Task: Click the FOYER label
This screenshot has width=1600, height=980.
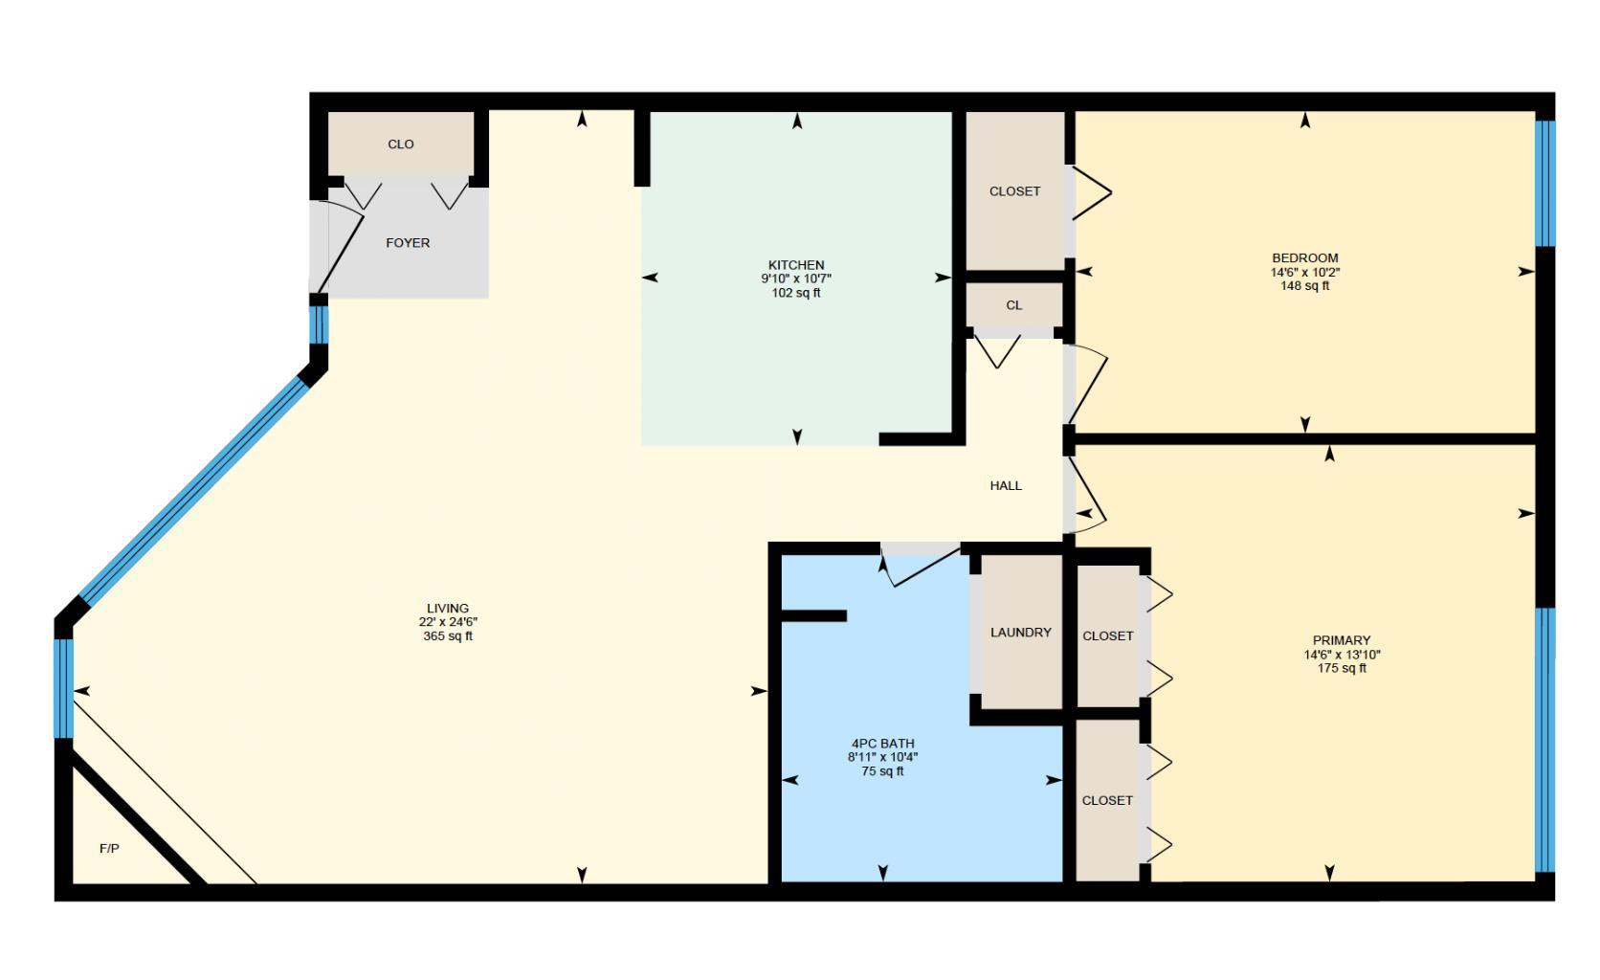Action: click(x=408, y=243)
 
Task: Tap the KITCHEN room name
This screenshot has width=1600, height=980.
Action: click(x=796, y=265)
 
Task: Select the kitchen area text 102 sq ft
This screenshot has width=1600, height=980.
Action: click(x=796, y=293)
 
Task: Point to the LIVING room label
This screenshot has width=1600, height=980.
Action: click(x=448, y=608)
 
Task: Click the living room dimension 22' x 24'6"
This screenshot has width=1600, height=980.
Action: click(x=448, y=622)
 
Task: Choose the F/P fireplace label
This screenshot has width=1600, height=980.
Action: click(x=109, y=849)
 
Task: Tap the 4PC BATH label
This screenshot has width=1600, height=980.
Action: click(x=882, y=744)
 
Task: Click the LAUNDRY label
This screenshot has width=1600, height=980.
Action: click(x=1020, y=633)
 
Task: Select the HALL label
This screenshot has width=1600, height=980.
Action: click(x=1006, y=485)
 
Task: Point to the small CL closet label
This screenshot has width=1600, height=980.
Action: click(x=1014, y=305)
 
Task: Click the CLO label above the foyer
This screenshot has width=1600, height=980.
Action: click(x=401, y=145)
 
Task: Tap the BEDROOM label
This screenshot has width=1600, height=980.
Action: click(x=1305, y=257)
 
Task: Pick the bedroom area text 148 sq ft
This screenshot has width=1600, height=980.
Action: click(x=1305, y=285)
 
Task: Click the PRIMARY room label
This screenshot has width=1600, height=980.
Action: click(x=1342, y=640)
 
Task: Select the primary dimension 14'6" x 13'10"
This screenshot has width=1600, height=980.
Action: click(x=1342, y=655)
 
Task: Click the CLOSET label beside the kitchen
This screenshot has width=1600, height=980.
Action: click(x=1014, y=191)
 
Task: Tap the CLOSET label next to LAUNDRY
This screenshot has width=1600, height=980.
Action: click(x=1108, y=635)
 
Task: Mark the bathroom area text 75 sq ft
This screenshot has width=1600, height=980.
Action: click(x=882, y=771)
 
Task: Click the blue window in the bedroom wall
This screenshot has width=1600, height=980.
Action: click(x=1544, y=182)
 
